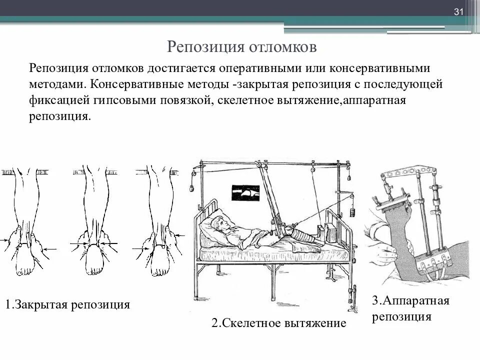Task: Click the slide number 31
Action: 459,12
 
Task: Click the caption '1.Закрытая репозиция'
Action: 68,304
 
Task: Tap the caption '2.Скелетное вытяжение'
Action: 278,323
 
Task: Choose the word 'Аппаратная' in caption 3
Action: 416,301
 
